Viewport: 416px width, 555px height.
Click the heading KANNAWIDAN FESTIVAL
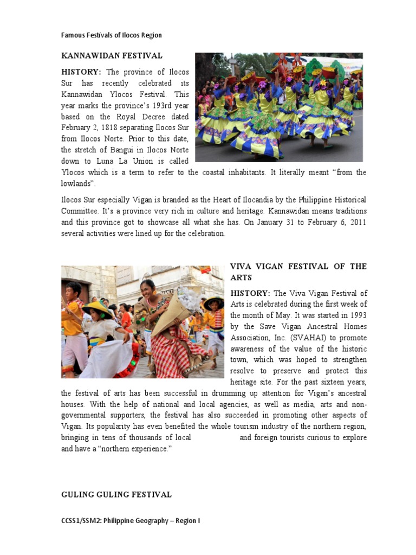[112, 55]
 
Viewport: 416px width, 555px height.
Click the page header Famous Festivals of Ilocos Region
[112, 35]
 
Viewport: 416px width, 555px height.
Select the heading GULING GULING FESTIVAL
[116, 494]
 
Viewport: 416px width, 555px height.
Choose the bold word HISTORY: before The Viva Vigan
[250, 293]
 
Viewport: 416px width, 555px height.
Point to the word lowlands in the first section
[76, 183]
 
